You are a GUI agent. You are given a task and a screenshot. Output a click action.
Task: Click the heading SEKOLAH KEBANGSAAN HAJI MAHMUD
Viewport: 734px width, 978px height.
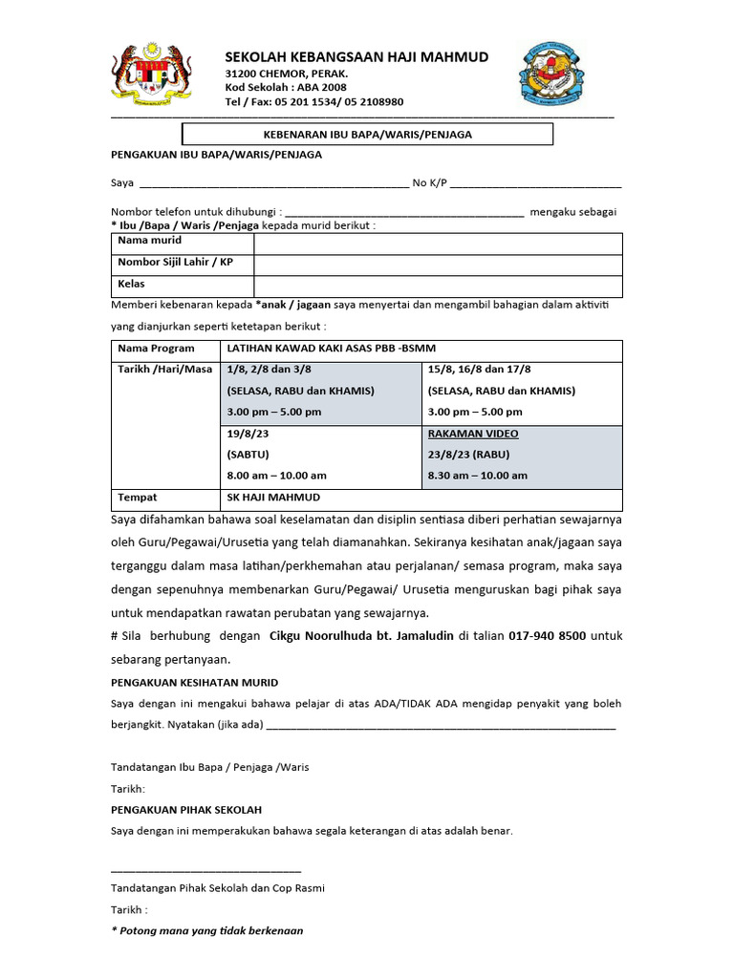click(x=356, y=57)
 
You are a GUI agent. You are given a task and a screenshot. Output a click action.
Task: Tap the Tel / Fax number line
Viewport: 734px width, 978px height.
click(x=313, y=101)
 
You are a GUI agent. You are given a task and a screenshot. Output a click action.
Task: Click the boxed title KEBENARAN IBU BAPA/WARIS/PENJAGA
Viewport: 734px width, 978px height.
click(x=367, y=135)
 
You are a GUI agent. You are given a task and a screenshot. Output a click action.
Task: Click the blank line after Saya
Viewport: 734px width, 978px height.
click(x=273, y=183)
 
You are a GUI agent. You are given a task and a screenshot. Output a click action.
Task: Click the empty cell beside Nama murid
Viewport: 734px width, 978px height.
click(x=438, y=243)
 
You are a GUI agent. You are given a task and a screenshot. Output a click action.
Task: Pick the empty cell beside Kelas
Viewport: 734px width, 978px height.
click(x=438, y=286)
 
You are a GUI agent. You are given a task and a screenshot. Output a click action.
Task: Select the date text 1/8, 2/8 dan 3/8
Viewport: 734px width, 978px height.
click(x=269, y=370)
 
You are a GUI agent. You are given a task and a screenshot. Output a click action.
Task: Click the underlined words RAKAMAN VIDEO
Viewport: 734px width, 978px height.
click(x=473, y=434)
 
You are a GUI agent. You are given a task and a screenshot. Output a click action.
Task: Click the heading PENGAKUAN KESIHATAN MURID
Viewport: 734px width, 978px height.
click(x=195, y=682)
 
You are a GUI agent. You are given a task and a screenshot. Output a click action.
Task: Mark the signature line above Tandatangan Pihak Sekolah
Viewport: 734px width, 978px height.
click(x=205, y=870)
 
